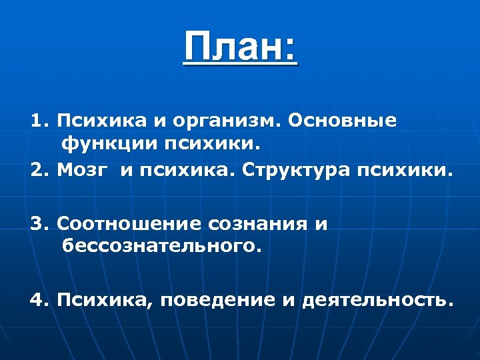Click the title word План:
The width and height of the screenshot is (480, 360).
(x=240, y=48)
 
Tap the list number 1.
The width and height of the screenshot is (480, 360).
(x=37, y=121)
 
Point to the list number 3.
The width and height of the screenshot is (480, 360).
(x=38, y=224)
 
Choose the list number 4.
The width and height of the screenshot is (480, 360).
(x=38, y=300)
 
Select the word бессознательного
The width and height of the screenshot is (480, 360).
(x=159, y=247)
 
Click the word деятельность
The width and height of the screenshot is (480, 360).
(x=377, y=300)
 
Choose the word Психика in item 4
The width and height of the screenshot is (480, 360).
(x=107, y=301)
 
